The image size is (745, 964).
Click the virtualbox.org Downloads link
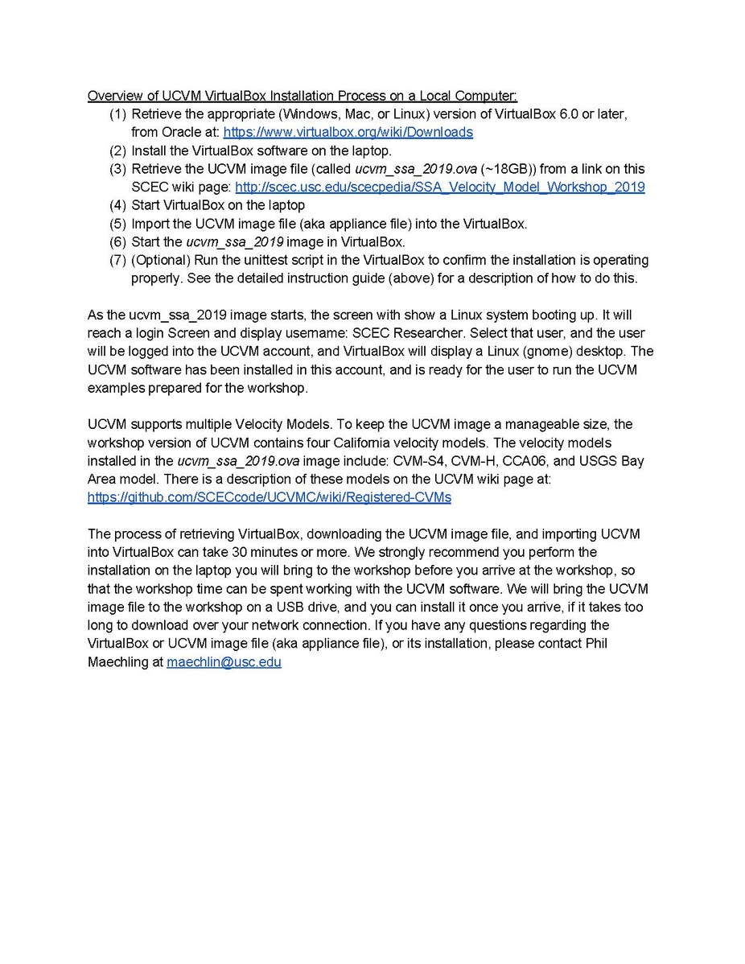point(348,132)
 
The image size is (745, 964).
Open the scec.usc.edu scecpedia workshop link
point(439,187)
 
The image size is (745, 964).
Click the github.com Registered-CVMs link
point(269,497)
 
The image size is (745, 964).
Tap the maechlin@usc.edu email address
point(224,662)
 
